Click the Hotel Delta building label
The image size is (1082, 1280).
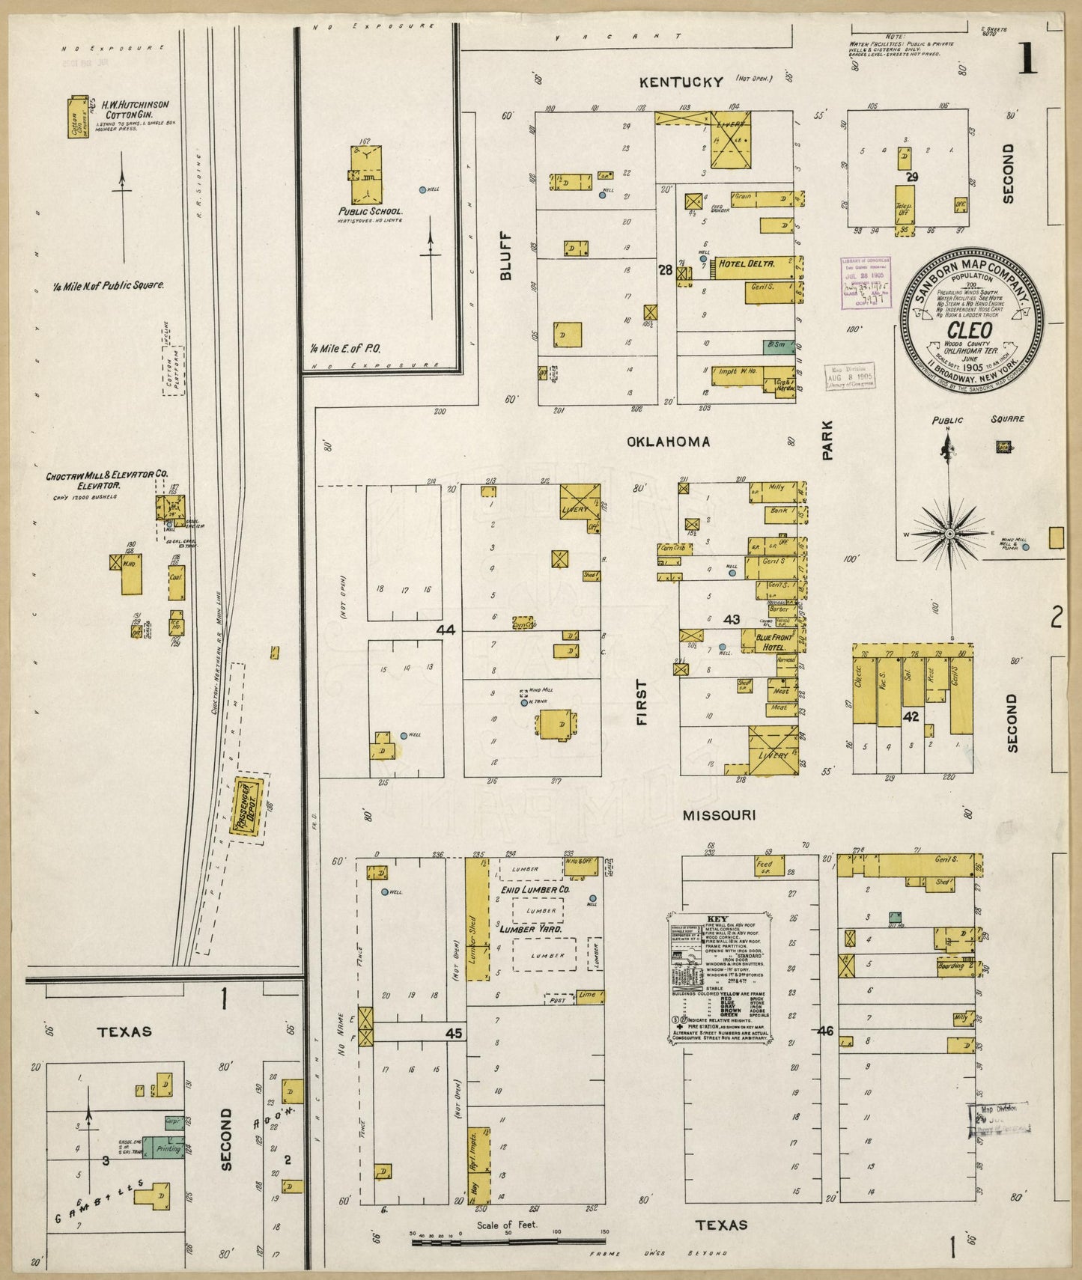[746, 263]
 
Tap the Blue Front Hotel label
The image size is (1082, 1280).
[764, 641]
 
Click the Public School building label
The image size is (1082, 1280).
[370, 211]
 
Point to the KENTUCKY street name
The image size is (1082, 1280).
[681, 82]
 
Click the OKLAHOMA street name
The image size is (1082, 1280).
[668, 442]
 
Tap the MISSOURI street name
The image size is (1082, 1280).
[718, 815]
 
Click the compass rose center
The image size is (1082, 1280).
[949, 534]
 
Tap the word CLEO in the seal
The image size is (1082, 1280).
[970, 331]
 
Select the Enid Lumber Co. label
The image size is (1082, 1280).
[532, 889]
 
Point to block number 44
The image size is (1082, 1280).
[446, 631]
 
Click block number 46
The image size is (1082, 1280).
[825, 1031]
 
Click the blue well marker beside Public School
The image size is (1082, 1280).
[422, 189]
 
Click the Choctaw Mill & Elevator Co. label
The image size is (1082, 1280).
[107, 480]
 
